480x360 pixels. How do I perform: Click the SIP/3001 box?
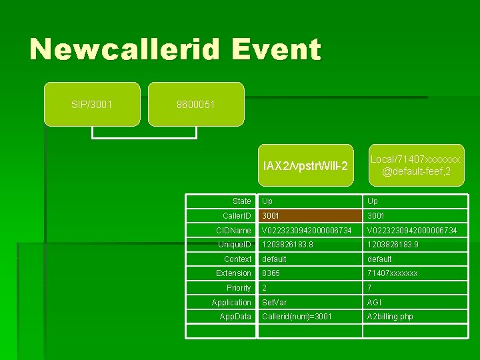click(x=92, y=104)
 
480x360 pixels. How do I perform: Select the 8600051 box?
click(x=196, y=104)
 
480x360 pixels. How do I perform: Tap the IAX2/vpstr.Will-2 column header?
click(x=305, y=165)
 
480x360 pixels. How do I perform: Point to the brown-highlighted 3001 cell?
click(x=310, y=215)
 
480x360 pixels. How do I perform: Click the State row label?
click(x=241, y=201)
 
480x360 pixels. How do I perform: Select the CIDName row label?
click(x=233, y=230)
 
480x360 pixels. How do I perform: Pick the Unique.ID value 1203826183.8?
click(x=288, y=245)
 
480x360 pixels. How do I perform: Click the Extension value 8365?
click(x=271, y=273)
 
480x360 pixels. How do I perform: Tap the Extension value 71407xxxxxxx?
click(x=393, y=273)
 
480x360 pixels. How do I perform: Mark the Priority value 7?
click(x=369, y=288)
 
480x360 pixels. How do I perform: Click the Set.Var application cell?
click(x=275, y=303)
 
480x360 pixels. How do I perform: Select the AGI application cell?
click(x=373, y=303)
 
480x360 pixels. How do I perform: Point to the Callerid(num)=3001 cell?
click(x=297, y=317)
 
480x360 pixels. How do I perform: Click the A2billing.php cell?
click(x=390, y=317)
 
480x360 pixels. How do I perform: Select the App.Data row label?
click(x=235, y=317)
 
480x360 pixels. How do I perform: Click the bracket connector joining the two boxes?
click(x=145, y=137)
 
